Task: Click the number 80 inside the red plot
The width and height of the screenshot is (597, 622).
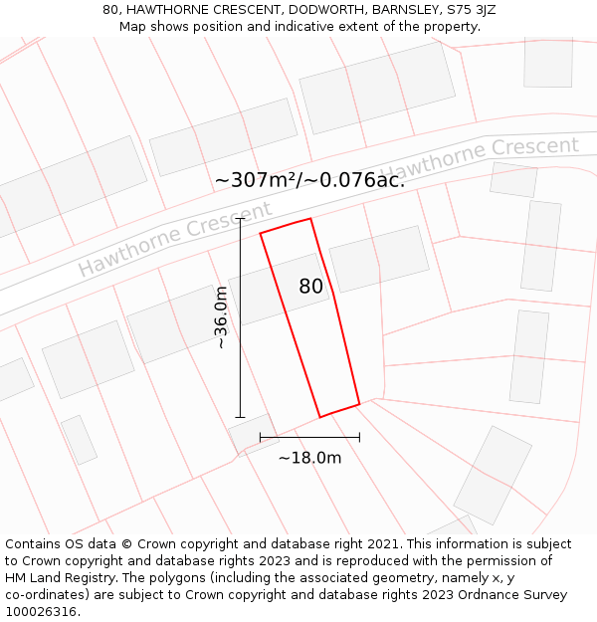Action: click(x=310, y=287)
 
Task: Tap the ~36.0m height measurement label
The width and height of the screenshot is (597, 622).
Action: click(x=222, y=317)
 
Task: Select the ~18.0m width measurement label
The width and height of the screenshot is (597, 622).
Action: click(x=309, y=458)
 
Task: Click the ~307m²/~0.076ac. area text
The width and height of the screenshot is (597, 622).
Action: click(x=309, y=180)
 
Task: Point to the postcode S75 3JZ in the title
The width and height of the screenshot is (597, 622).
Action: click(x=471, y=10)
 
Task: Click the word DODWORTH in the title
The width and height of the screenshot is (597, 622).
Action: click(x=316, y=10)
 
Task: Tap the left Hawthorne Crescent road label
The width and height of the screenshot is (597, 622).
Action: click(x=175, y=239)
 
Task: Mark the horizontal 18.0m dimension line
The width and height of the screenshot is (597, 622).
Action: click(x=309, y=436)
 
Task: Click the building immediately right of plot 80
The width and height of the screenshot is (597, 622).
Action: click(x=379, y=259)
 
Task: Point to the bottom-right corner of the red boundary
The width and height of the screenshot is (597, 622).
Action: click(x=359, y=404)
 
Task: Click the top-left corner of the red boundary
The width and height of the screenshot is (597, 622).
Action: click(x=261, y=233)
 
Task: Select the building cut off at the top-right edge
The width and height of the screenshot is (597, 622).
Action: click(x=548, y=62)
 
